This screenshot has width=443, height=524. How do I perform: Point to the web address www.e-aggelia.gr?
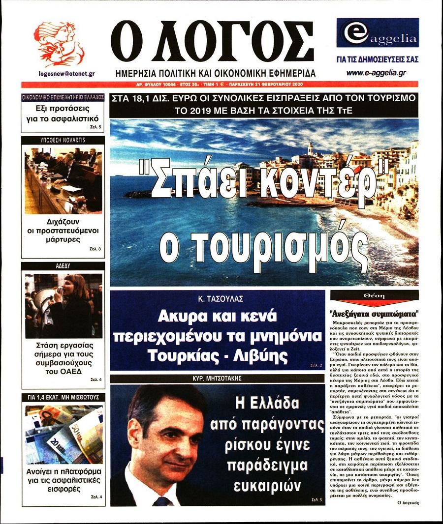point(377,73)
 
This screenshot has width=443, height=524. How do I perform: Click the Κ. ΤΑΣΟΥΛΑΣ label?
point(217,298)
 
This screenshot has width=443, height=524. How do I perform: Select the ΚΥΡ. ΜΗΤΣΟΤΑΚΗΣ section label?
point(217,379)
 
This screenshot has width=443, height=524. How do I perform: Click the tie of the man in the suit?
point(161,501)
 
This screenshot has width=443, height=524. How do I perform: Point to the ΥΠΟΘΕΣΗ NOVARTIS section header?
point(63,140)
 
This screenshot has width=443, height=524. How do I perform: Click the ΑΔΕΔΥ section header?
point(63,265)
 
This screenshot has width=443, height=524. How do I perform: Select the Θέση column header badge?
point(374,296)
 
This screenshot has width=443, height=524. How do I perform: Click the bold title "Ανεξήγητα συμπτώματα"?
point(374,313)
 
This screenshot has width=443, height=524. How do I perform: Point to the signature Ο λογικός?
point(406,503)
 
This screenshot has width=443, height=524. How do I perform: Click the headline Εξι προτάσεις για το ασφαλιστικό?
point(63,114)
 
